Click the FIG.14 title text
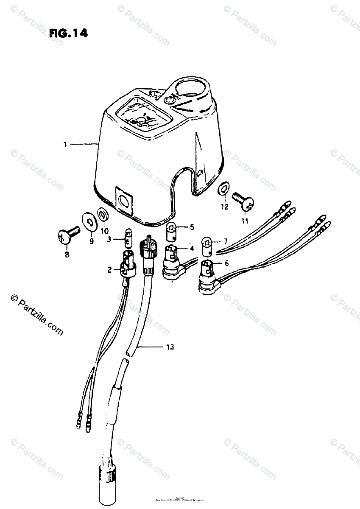pyautogui.click(x=68, y=34)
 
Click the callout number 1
pyautogui.click(x=65, y=145)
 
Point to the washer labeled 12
pyautogui.click(x=224, y=189)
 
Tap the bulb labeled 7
pyautogui.click(x=208, y=246)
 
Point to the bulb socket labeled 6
pyautogui.click(x=208, y=277)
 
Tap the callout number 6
pyautogui.click(x=226, y=263)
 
